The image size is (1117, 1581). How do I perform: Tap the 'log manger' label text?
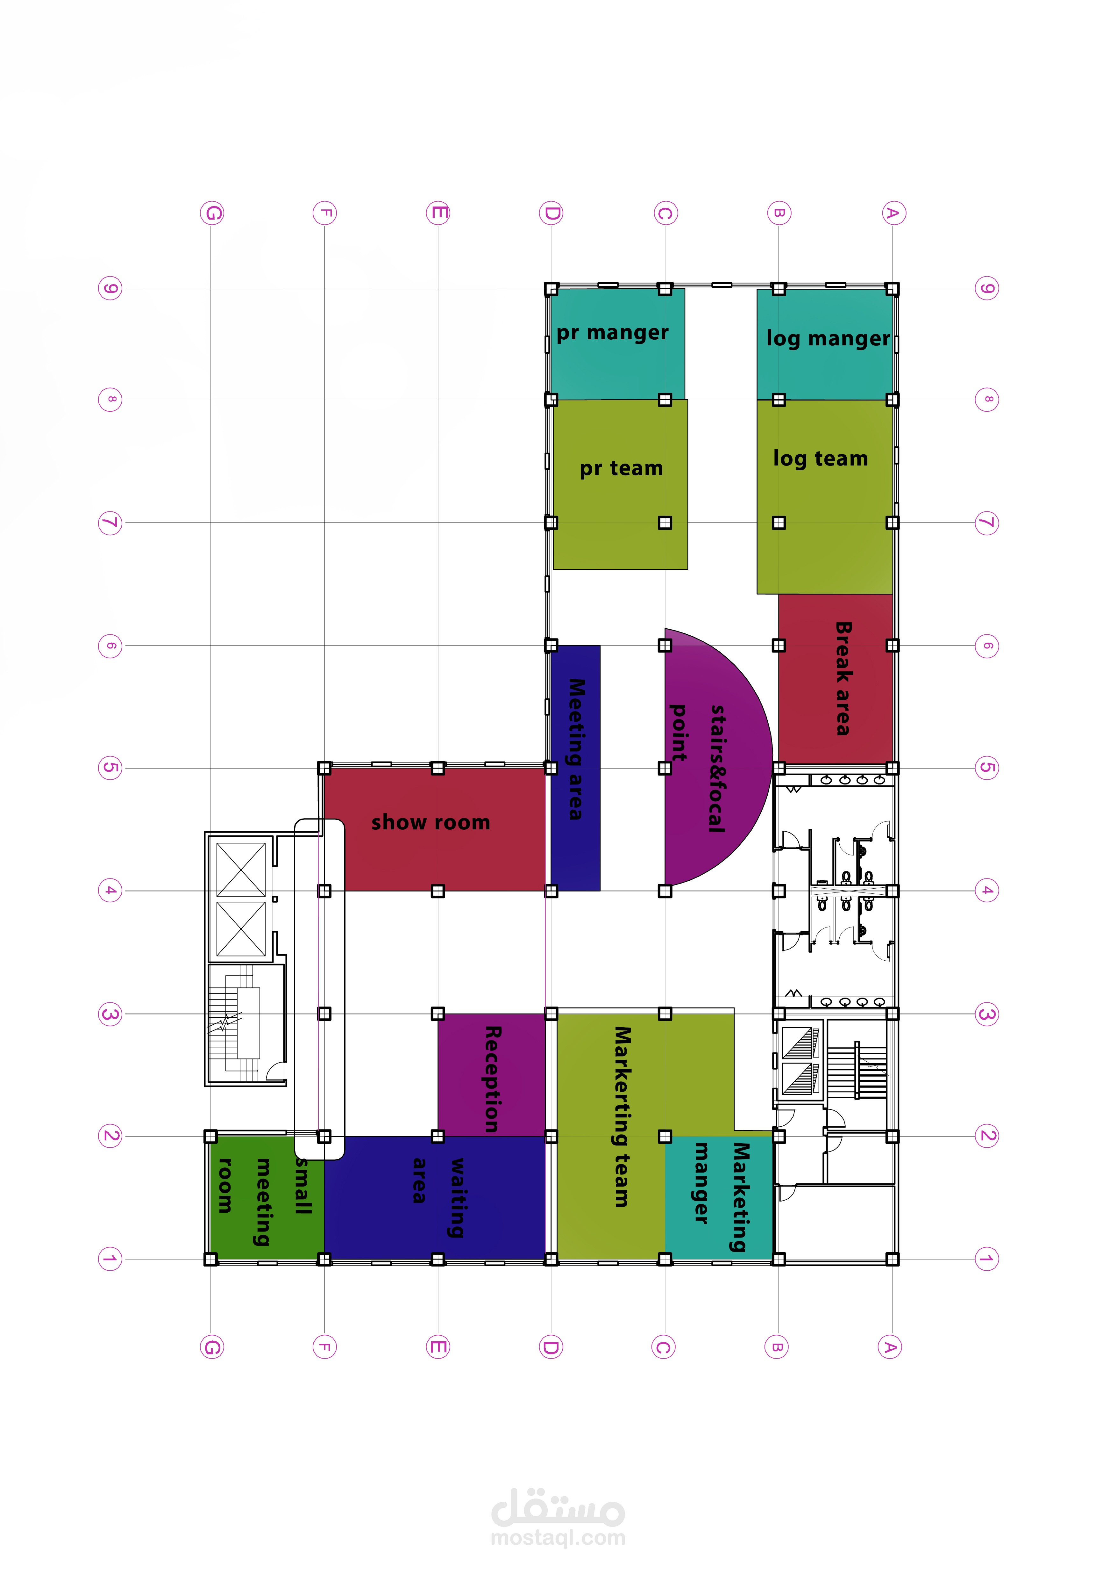(828, 338)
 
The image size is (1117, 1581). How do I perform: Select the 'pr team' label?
(621, 468)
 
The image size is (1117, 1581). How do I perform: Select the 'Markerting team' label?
(622, 1117)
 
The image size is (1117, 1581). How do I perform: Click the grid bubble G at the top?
(212, 213)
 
